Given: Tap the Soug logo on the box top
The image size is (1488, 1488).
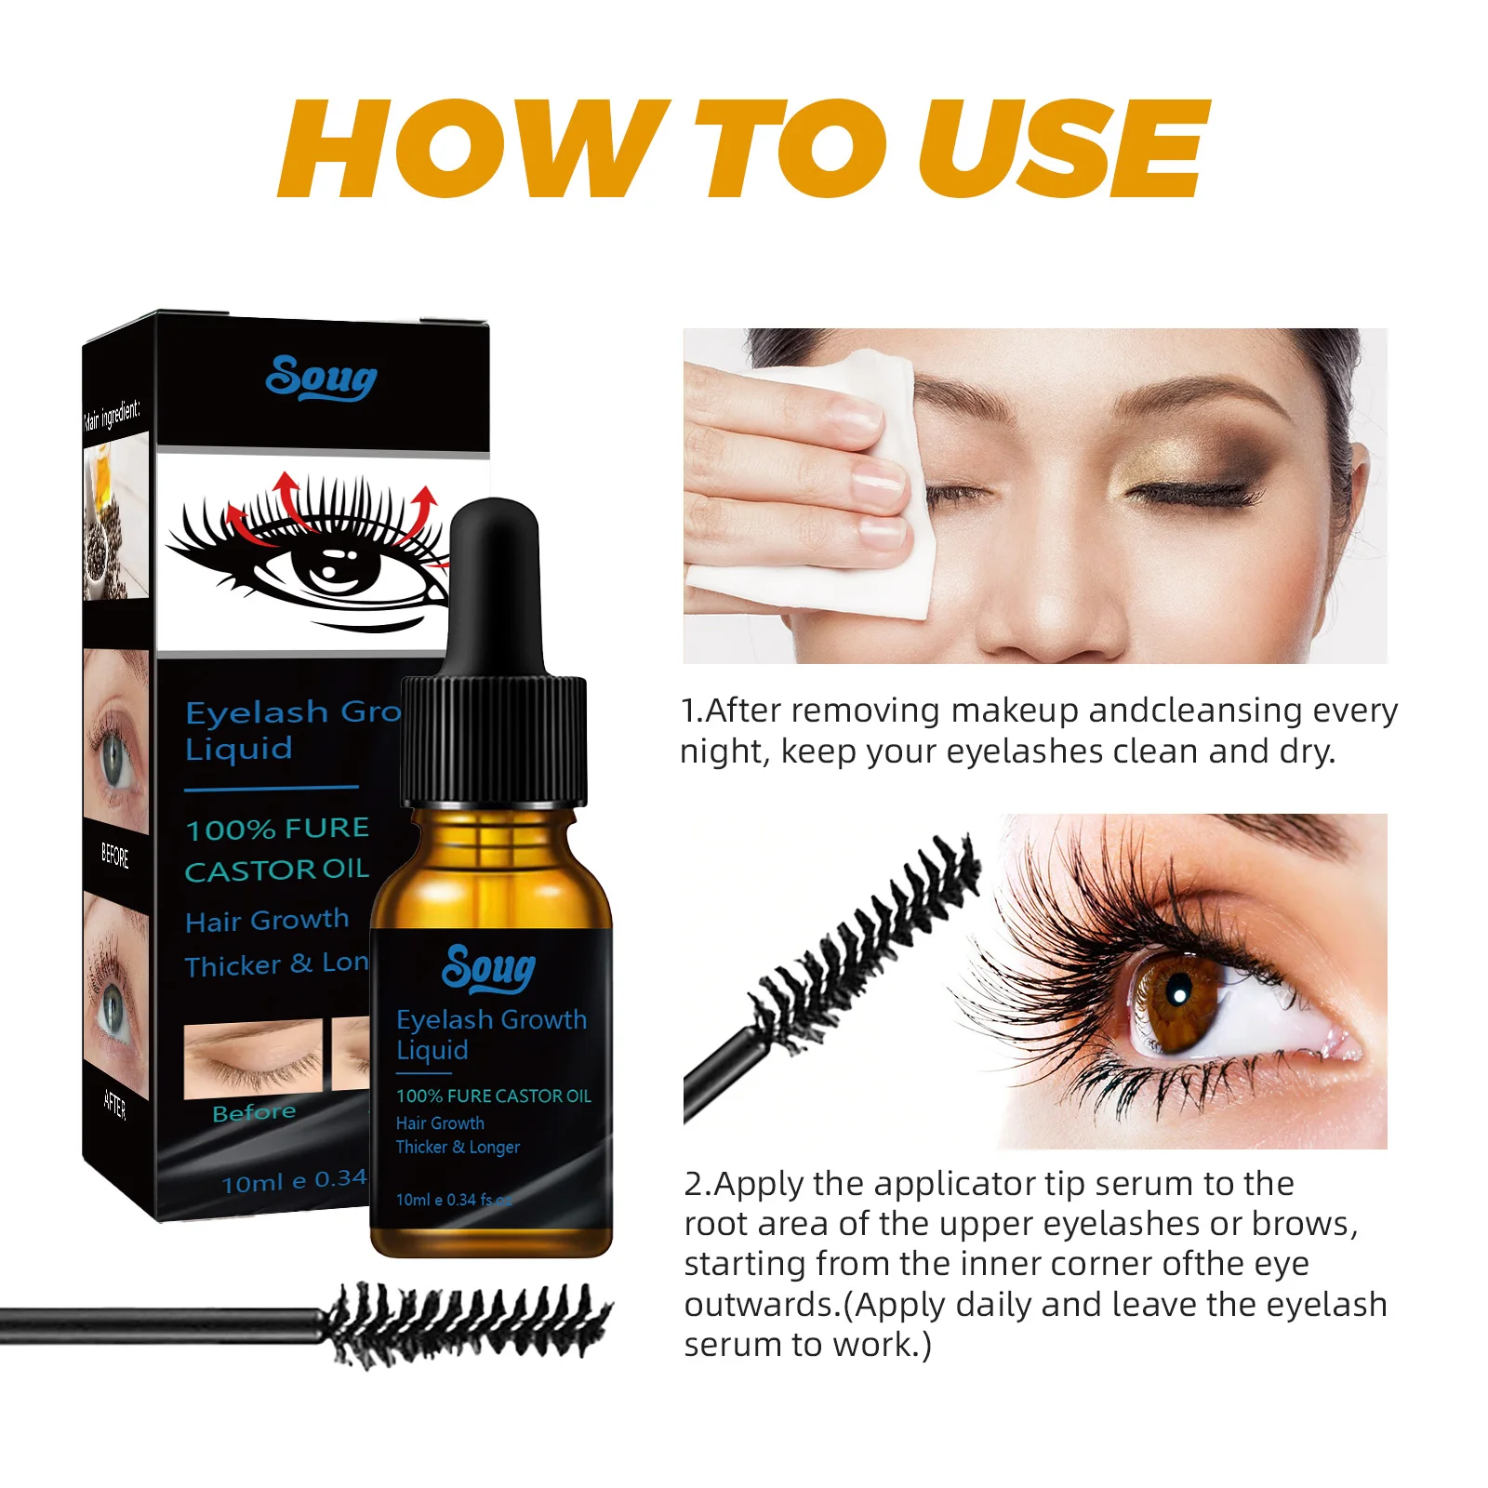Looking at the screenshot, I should point(321,379).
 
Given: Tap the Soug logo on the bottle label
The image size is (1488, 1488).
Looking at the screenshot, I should point(489,969).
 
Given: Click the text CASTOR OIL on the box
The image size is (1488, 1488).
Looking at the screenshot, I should point(276,870).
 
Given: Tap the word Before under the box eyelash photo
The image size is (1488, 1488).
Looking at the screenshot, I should point(254,1112).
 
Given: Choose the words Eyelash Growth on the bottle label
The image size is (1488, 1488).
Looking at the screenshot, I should point(491,1020).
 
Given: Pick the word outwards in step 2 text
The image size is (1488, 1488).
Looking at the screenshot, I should point(763,1304).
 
